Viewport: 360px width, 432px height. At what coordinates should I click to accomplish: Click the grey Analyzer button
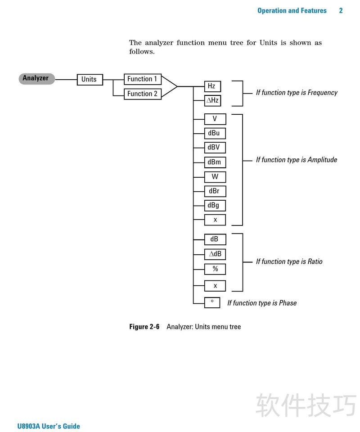click(36, 78)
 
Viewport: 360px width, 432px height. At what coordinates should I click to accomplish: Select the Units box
click(89, 79)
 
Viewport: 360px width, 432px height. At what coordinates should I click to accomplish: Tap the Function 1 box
click(142, 79)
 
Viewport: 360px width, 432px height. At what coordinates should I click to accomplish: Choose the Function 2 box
click(142, 94)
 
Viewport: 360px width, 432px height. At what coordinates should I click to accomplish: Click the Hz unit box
click(211, 85)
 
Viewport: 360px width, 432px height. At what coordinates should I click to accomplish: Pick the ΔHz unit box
click(212, 100)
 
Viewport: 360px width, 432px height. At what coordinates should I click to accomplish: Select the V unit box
click(215, 119)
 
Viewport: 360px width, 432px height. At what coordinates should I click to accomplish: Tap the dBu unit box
click(214, 133)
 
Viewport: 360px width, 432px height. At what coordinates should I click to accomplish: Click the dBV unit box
click(215, 147)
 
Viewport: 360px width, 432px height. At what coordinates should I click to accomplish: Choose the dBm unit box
click(215, 162)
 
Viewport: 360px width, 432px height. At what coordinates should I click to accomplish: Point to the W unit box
click(215, 176)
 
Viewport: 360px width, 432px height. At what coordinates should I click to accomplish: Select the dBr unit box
click(215, 191)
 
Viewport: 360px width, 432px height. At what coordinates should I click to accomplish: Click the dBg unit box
click(215, 205)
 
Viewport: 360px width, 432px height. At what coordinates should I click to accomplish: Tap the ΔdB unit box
click(215, 254)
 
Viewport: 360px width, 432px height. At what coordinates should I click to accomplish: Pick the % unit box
click(215, 269)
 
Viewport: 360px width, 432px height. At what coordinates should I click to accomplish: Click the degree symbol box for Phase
click(212, 302)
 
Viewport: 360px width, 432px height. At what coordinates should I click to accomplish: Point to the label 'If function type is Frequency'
click(297, 93)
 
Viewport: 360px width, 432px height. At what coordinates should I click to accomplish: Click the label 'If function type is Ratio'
click(289, 261)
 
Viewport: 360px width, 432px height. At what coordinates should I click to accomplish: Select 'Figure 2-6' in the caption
click(144, 327)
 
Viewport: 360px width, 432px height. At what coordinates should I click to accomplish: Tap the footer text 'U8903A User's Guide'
click(49, 426)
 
